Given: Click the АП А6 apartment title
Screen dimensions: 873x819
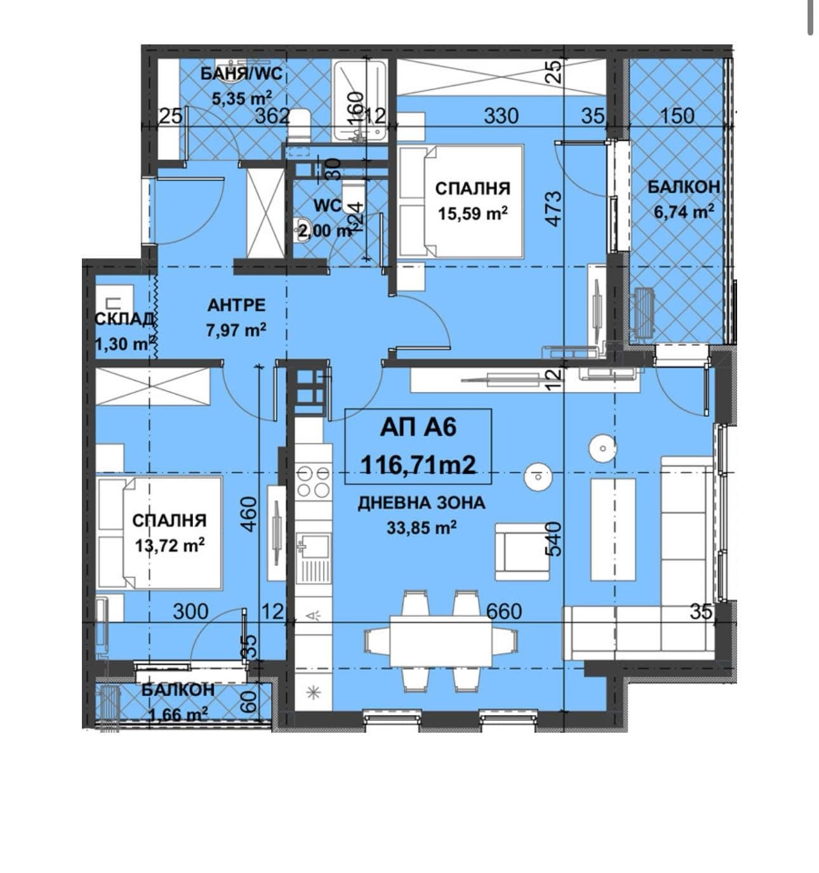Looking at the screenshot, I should [418, 428].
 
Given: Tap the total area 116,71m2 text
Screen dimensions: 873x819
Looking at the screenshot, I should [418, 466].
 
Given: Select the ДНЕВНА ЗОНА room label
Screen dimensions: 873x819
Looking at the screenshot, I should [421, 503].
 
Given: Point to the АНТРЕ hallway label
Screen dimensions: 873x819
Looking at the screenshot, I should [236, 305].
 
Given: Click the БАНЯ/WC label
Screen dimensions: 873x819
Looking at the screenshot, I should [241, 74].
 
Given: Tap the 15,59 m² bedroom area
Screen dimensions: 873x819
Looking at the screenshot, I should [472, 214].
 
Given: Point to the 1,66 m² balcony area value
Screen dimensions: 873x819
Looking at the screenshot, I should [178, 715].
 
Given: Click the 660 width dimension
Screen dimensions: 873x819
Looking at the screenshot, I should [503, 611].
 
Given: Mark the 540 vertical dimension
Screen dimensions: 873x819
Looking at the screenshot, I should [554, 538].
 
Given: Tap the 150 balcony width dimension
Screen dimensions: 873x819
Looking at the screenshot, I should [677, 116].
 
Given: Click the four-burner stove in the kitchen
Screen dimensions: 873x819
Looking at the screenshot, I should [314, 482].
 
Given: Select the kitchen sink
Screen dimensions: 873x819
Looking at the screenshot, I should [314, 546].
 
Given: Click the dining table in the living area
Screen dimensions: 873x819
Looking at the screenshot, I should [441, 641].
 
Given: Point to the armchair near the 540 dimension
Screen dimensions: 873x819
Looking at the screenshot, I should [522, 551].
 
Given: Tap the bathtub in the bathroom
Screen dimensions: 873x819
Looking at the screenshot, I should [359, 100].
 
